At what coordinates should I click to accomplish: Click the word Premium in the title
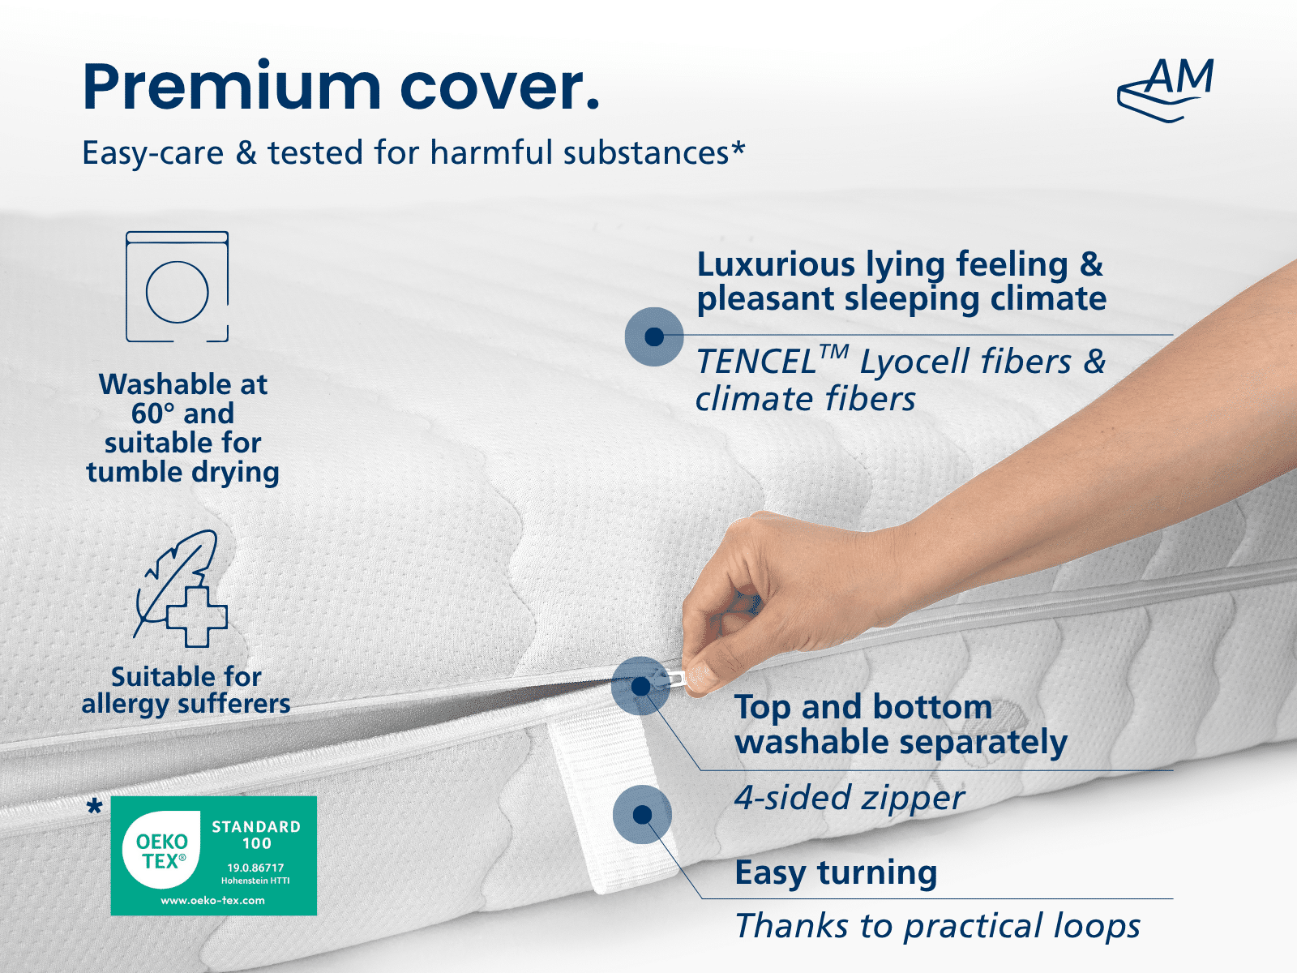[x=232, y=86]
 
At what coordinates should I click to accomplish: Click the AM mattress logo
[x=1165, y=90]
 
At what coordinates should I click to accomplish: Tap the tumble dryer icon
[x=178, y=286]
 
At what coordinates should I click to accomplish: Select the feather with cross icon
[x=181, y=589]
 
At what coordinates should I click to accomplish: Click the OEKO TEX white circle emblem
[x=161, y=850]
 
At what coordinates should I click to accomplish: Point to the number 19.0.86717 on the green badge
[x=256, y=868]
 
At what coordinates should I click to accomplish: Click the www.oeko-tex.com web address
[x=212, y=901]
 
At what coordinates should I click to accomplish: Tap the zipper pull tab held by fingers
[x=676, y=680]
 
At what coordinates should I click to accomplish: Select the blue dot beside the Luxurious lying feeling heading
[x=654, y=336]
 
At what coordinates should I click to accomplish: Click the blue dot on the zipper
[x=640, y=687]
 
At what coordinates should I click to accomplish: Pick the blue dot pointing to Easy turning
[x=642, y=815]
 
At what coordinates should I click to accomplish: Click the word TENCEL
[x=756, y=362]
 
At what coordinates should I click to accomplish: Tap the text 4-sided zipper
[x=849, y=799]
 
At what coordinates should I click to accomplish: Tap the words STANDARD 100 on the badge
[x=256, y=835]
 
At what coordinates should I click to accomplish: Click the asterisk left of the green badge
[x=94, y=807]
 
